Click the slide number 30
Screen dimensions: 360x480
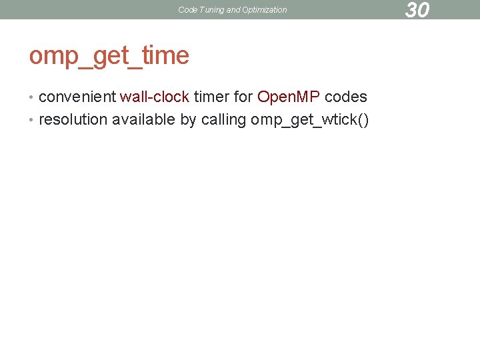(x=417, y=10)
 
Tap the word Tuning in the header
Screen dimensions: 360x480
(x=211, y=10)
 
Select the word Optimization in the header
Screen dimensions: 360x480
(x=265, y=10)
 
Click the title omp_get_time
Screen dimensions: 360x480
(x=109, y=55)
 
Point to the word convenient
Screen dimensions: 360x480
(x=77, y=97)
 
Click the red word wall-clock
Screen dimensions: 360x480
(x=155, y=97)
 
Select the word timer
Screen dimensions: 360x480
(x=211, y=97)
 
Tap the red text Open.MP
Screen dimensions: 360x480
(x=289, y=97)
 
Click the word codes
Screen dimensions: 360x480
(x=346, y=97)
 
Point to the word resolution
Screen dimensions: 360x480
(x=73, y=119)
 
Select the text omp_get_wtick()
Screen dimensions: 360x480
(x=309, y=120)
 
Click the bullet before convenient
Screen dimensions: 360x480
(x=33, y=97)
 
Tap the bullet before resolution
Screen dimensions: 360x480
(x=33, y=120)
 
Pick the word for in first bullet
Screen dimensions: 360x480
(x=243, y=97)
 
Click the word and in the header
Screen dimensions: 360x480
(x=233, y=10)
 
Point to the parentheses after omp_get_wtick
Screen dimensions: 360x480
(x=363, y=120)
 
